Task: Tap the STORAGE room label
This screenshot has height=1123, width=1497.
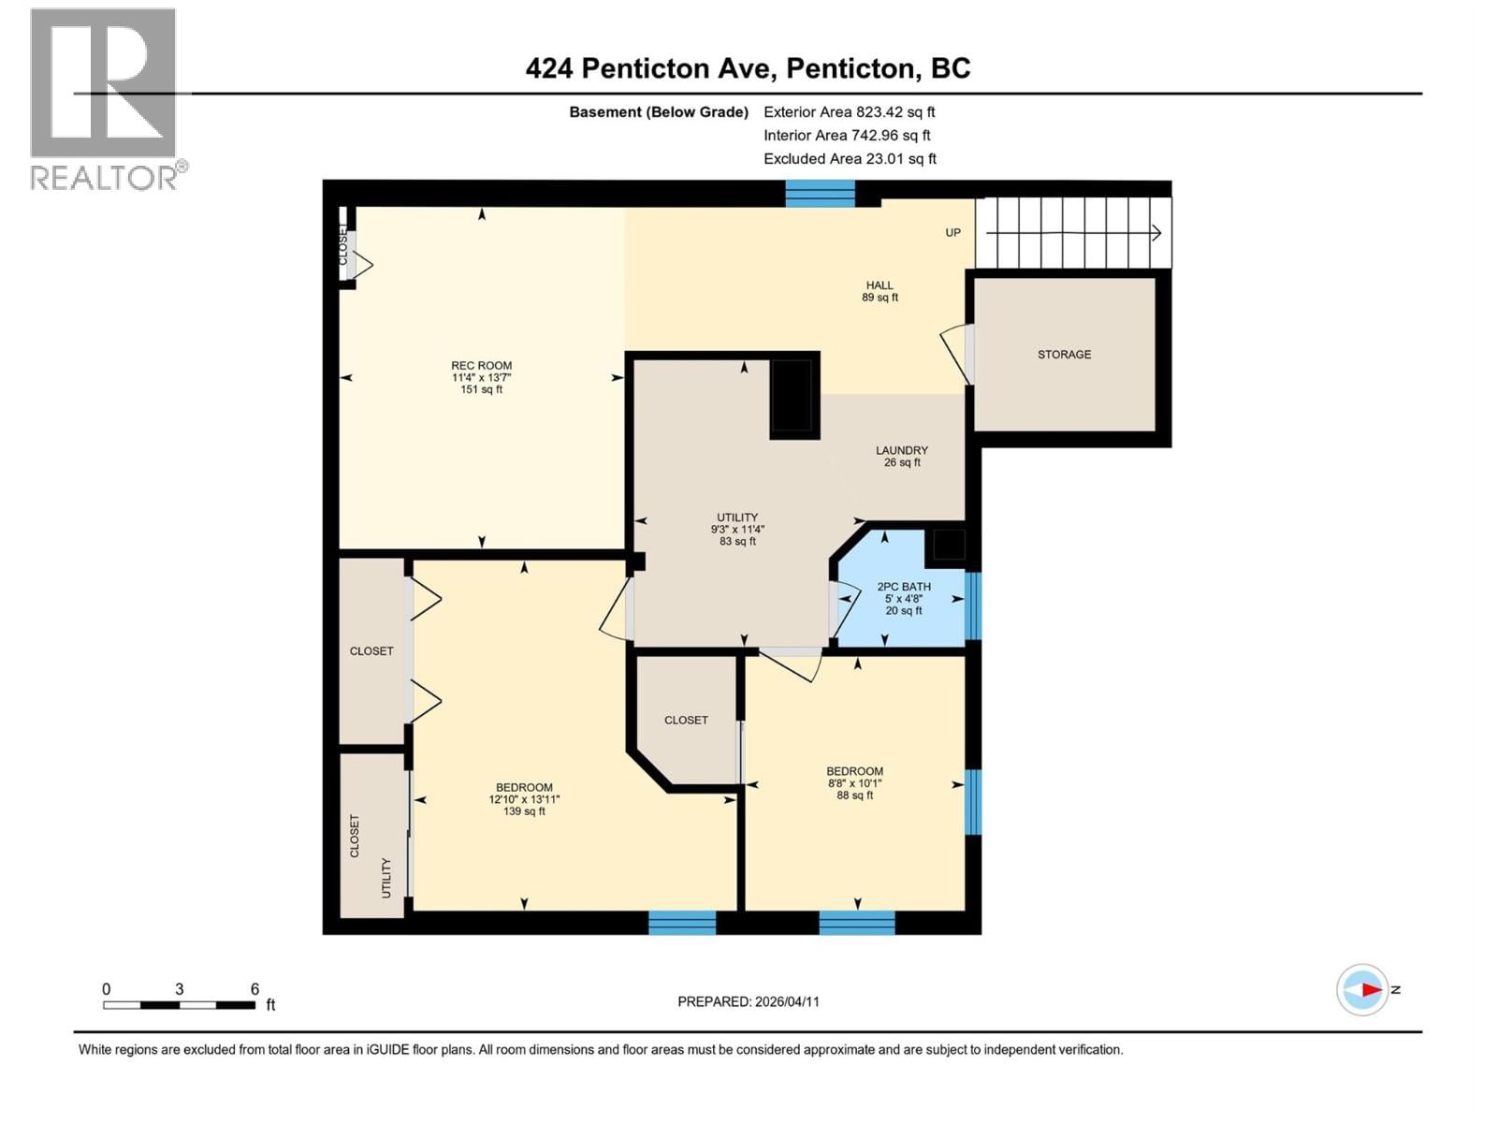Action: click(1064, 355)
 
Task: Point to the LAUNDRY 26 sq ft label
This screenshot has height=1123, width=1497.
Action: click(902, 456)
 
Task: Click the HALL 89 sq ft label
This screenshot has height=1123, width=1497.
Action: click(879, 291)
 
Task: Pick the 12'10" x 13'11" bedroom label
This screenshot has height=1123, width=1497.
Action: click(524, 799)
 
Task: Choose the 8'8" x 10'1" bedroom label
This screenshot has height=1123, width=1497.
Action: click(854, 783)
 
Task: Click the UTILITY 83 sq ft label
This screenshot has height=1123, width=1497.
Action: click(737, 529)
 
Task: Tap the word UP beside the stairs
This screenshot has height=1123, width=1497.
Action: click(952, 232)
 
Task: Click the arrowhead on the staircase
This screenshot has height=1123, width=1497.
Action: click(1156, 233)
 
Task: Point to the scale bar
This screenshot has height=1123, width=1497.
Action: click(179, 1005)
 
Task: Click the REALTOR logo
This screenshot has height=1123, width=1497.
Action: click(105, 98)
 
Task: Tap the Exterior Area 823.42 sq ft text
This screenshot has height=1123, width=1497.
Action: click(849, 111)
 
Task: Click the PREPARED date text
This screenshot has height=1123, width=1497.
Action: click(748, 1001)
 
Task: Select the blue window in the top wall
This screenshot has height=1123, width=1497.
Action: click(820, 193)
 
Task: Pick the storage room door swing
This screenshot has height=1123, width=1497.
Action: click(956, 354)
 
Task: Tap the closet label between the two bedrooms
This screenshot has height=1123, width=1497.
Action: click(686, 720)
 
